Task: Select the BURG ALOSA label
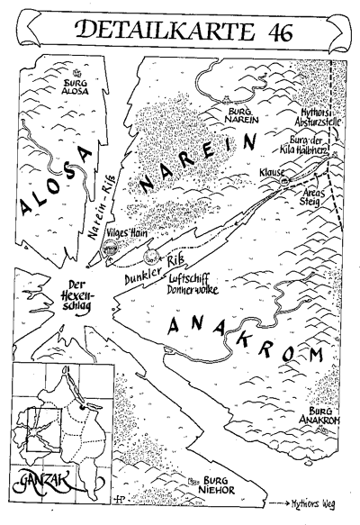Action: pos(75,85)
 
